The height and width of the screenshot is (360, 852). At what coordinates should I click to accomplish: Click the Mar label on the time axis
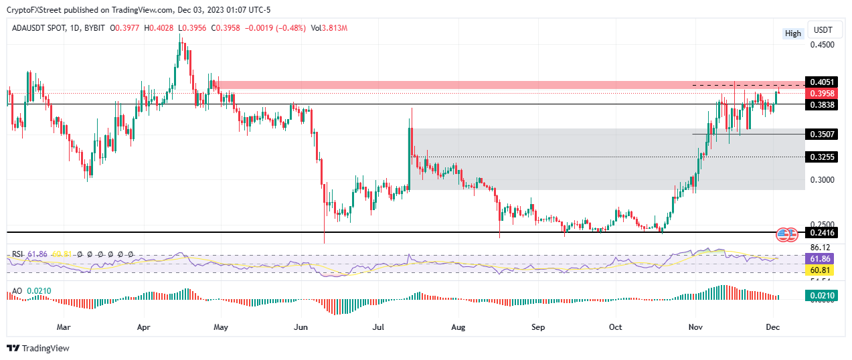(64, 328)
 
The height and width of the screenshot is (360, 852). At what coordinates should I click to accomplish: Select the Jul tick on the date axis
(379, 328)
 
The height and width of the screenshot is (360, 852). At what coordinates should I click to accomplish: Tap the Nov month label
(695, 328)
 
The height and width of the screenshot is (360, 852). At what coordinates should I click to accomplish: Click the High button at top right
(792, 33)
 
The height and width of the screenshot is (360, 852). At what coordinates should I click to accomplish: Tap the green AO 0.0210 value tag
(824, 295)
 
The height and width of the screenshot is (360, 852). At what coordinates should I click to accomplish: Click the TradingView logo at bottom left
(38, 348)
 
